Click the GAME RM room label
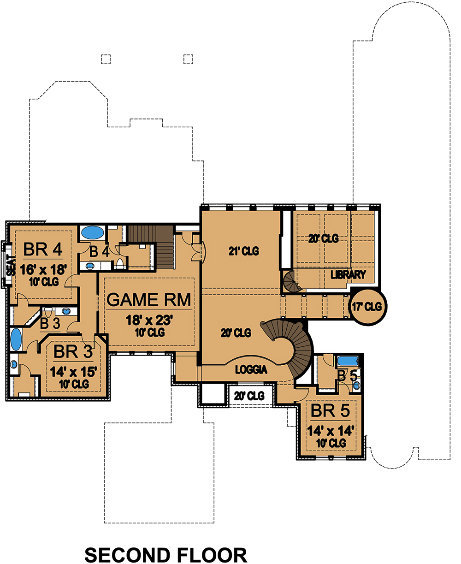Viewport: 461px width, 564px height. click(148, 300)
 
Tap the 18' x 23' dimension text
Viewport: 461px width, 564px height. click(149, 320)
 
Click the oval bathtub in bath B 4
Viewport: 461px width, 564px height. click(92, 233)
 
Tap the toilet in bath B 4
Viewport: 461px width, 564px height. click(120, 264)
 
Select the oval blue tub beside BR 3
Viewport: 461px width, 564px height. click(16, 339)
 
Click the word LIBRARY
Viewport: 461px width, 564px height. click(348, 275)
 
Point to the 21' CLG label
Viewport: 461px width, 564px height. click(243, 251)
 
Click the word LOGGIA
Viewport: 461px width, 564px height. click(252, 369)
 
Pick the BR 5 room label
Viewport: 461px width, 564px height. click(330, 410)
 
